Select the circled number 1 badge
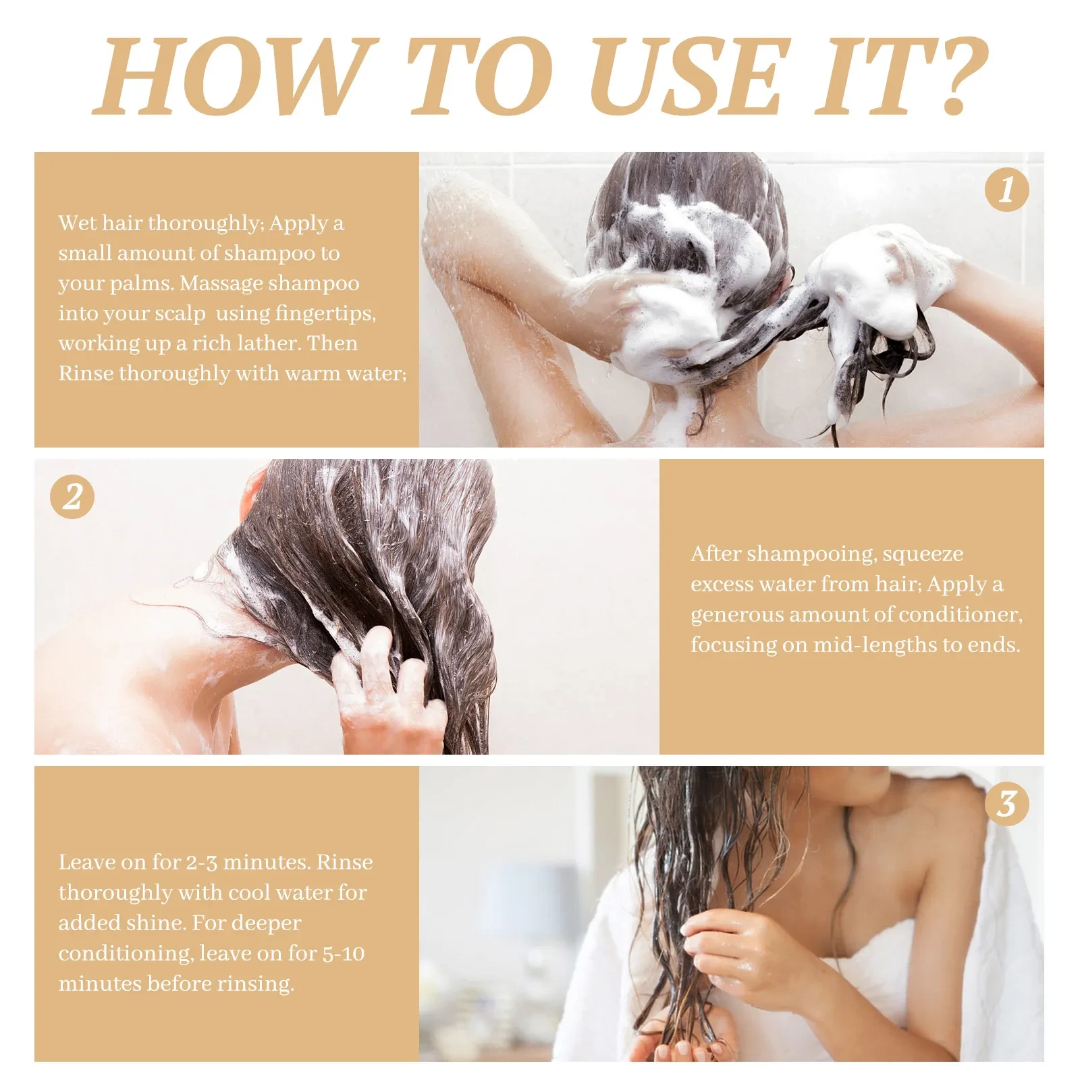click(x=1006, y=190)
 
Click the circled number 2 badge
click(x=72, y=497)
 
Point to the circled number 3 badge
click(x=1006, y=804)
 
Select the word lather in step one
click(x=269, y=344)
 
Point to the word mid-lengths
click(x=875, y=645)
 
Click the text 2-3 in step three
click(x=201, y=863)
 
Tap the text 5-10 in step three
click(x=343, y=954)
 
